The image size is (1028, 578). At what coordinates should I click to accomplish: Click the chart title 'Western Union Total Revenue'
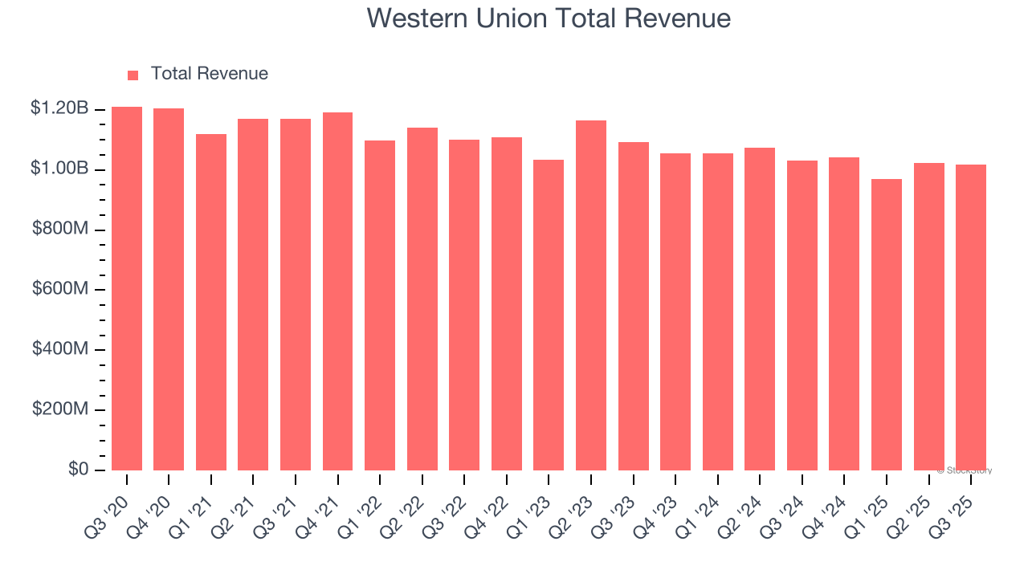coord(549,18)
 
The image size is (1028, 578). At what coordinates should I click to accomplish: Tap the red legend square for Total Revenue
coord(133,75)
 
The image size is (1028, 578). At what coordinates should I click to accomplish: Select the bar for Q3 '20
coord(127,289)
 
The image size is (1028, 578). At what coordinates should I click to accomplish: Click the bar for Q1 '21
coord(211,302)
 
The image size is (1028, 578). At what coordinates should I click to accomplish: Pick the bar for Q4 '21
coord(337,291)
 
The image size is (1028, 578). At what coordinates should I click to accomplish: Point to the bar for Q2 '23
coord(591,295)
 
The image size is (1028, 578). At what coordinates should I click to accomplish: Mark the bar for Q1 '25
coord(887,324)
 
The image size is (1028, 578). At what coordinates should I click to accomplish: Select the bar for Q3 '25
coord(971,317)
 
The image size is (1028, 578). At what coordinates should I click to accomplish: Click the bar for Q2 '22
coord(422,299)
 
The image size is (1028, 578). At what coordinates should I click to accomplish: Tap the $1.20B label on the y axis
coord(59,108)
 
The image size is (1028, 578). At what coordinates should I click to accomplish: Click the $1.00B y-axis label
coord(59,169)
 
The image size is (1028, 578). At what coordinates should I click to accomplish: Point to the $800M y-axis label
coord(60,229)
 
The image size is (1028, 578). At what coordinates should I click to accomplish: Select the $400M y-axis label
coord(60,349)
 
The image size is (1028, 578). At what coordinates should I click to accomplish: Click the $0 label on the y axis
coord(77,469)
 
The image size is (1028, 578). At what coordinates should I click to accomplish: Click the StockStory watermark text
coord(965,470)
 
